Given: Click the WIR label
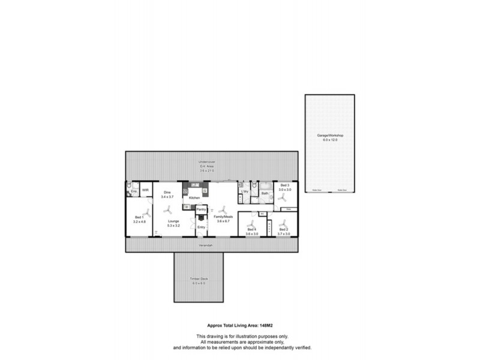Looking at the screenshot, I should (145, 189).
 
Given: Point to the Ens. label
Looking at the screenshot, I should (134, 192).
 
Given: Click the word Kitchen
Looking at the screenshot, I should (194, 197).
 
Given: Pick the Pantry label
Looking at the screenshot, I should (202, 209).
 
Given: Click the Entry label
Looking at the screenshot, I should (201, 227).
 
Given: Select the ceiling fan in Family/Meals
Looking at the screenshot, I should (224, 209).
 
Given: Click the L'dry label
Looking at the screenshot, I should (245, 191).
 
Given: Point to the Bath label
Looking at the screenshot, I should (265, 193).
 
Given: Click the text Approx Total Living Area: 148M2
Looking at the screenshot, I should (240, 321).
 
